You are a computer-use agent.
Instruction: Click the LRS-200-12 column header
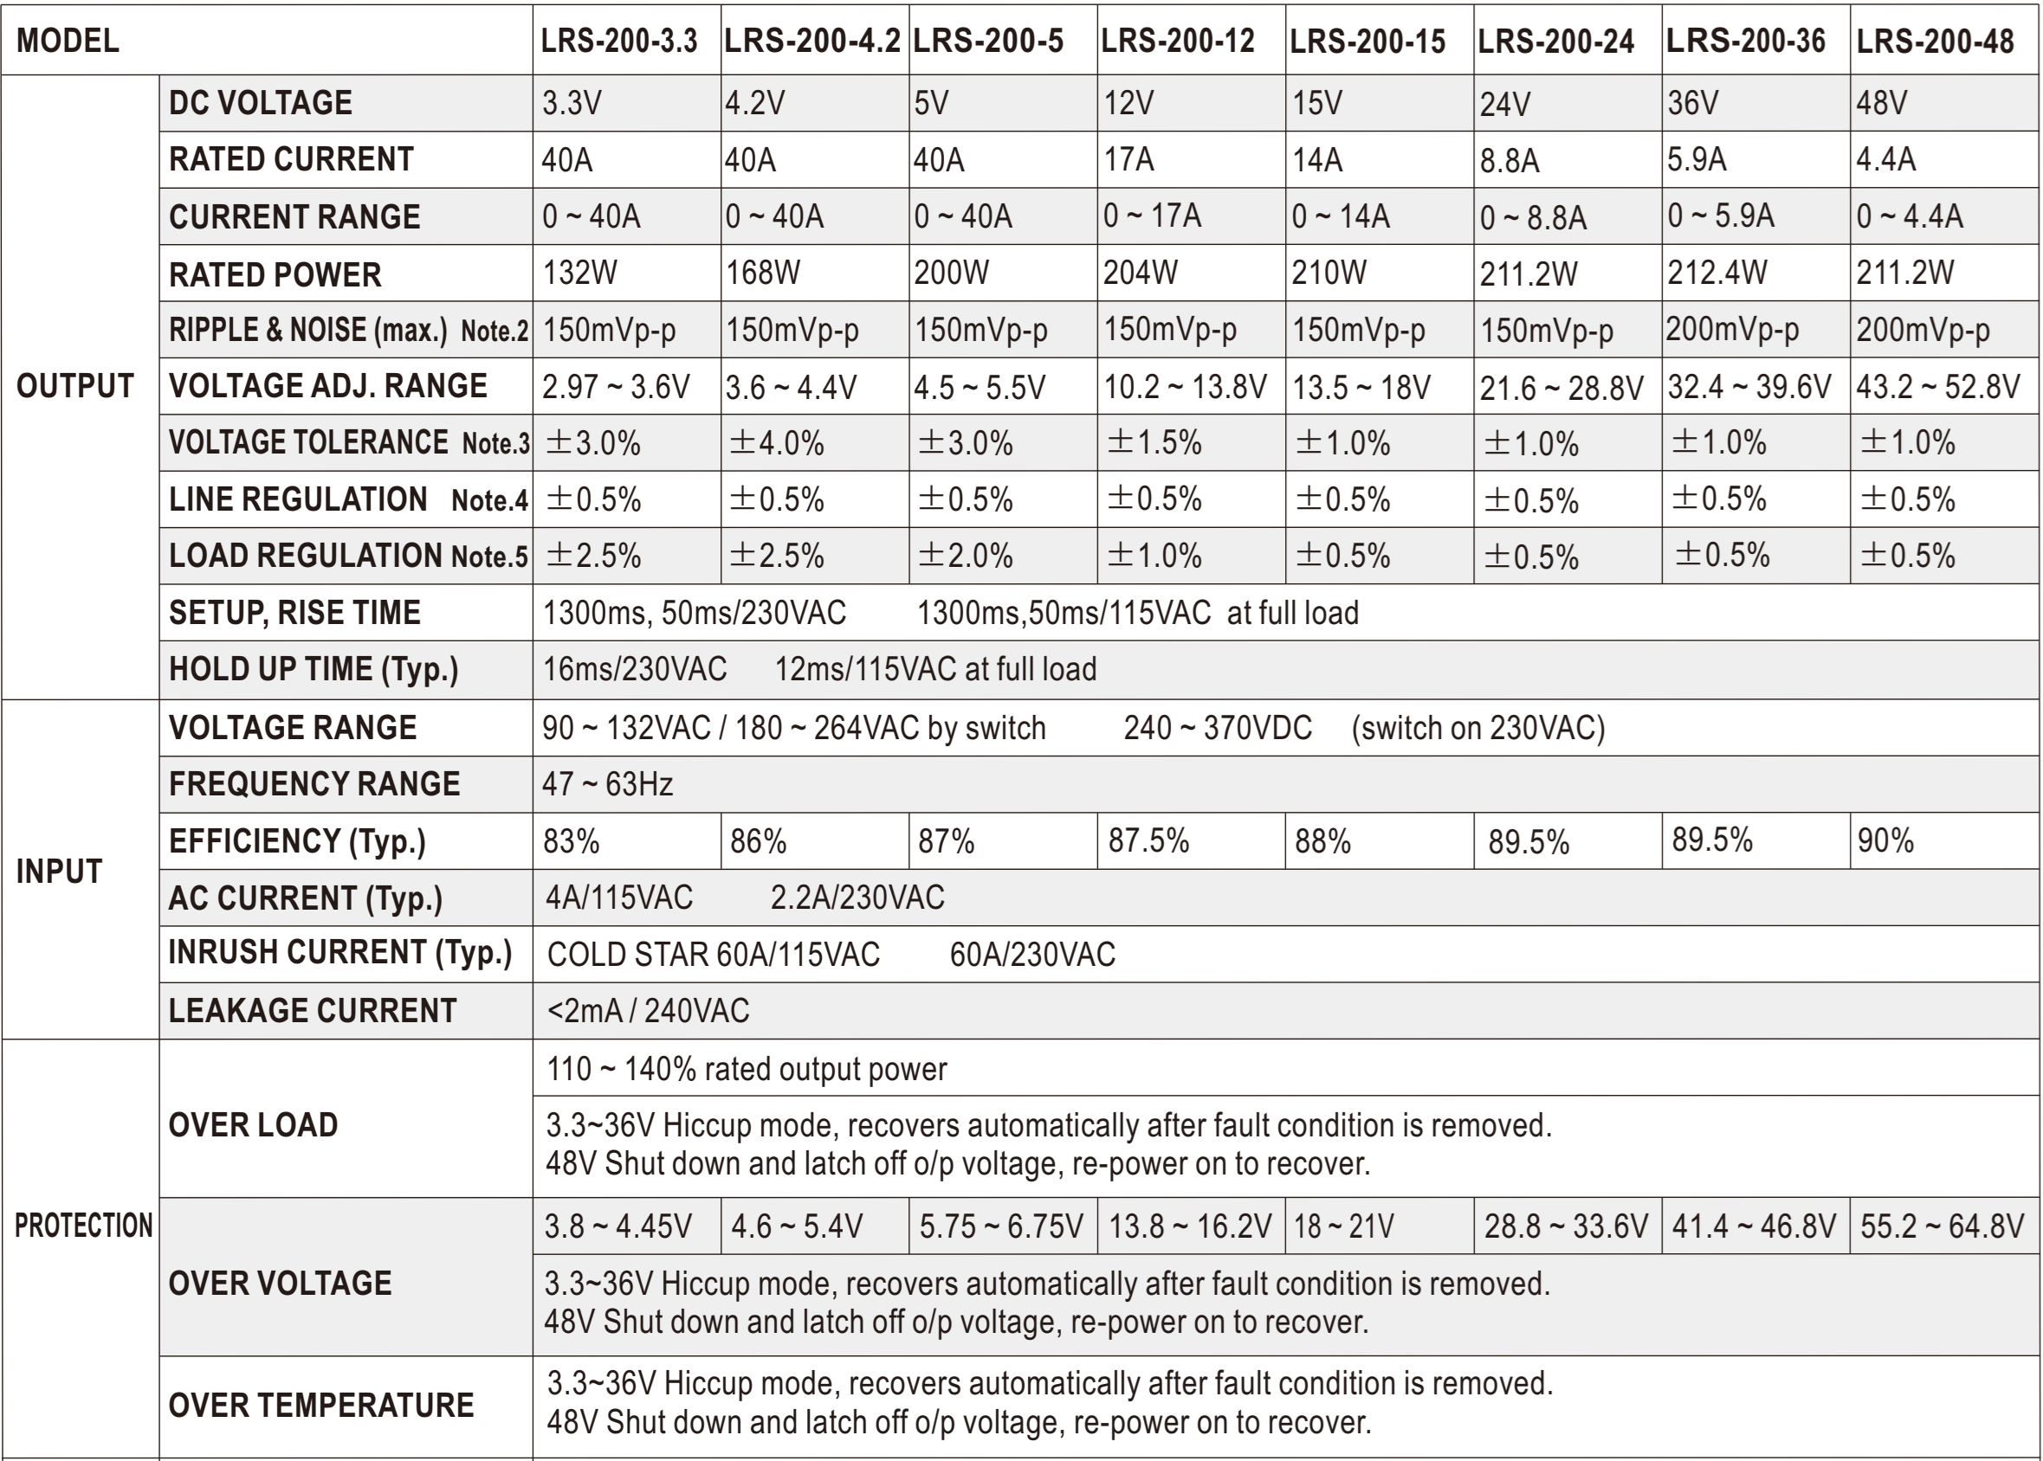click(x=1177, y=42)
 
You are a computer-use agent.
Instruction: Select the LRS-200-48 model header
click(x=1935, y=42)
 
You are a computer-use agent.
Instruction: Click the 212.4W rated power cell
click(x=1717, y=273)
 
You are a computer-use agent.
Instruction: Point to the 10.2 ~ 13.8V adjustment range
click(x=1185, y=387)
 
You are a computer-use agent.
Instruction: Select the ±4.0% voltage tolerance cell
click(x=776, y=442)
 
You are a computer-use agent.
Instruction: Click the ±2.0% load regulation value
click(x=965, y=556)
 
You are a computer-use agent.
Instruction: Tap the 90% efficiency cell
click(x=1885, y=840)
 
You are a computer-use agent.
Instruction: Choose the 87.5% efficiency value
click(x=1148, y=840)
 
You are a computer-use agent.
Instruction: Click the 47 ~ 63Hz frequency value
click(x=607, y=783)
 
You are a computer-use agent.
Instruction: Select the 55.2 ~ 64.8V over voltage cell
click(x=1942, y=1226)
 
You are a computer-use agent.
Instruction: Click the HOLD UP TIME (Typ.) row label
click(x=314, y=669)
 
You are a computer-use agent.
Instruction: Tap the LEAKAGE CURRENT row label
click(x=313, y=1010)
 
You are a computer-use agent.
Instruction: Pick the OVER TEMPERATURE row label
click(x=320, y=1405)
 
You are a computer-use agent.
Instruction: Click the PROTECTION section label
click(x=83, y=1226)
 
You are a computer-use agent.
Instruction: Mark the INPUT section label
click(x=60, y=871)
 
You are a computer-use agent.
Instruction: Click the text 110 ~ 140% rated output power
click(x=747, y=1069)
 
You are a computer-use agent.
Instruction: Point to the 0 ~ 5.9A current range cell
click(x=1720, y=216)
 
